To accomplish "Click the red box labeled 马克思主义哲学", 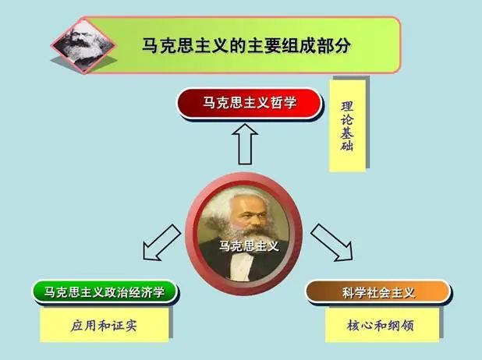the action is [x=250, y=103].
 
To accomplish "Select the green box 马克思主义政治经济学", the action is [x=105, y=291].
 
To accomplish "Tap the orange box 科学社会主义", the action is [x=378, y=292].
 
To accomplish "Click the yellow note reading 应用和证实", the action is [x=105, y=325].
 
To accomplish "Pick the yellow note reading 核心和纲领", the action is [x=382, y=325].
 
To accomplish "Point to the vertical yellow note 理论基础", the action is [x=347, y=126].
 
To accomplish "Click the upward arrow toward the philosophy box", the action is [x=245, y=144].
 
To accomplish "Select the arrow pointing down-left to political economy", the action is [x=161, y=243].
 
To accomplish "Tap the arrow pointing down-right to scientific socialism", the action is [x=332, y=242].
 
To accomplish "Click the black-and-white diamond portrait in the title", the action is [x=83, y=46].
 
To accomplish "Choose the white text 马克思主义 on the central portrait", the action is [x=250, y=245].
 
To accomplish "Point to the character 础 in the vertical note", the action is [x=347, y=145].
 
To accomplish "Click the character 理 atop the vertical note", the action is [x=347, y=107].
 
